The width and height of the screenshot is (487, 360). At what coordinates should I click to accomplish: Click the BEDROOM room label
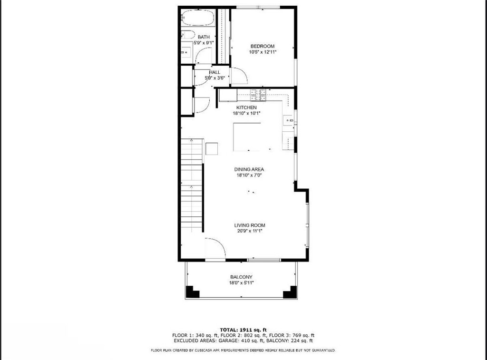[263, 46]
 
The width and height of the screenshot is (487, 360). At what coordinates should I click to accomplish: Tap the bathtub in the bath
[197, 18]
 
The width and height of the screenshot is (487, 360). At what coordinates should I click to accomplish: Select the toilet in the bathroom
[187, 35]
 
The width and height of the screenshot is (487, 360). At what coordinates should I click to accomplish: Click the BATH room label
[204, 37]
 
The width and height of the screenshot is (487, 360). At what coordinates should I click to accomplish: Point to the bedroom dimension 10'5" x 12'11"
[263, 52]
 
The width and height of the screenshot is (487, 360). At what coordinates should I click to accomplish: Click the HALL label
[214, 72]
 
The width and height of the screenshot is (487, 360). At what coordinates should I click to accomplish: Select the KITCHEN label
[246, 108]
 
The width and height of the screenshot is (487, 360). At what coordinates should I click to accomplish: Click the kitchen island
[247, 137]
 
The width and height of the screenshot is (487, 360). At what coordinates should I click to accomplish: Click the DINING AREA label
[249, 169]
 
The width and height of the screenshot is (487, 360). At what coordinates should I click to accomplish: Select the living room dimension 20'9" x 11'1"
[250, 231]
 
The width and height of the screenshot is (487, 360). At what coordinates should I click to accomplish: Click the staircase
[192, 185]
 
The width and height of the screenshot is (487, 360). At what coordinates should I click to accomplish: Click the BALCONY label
[241, 277]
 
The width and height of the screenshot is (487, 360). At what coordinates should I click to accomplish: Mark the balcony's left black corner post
[193, 292]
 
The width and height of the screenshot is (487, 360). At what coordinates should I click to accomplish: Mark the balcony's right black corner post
[290, 292]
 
